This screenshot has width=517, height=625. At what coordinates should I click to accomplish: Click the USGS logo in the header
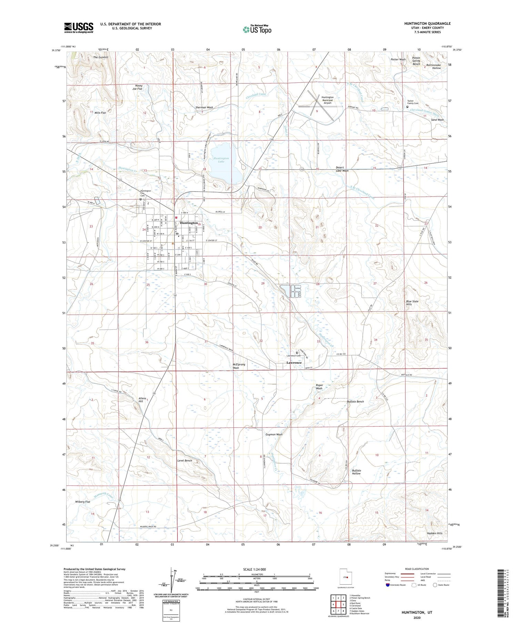click(79, 28)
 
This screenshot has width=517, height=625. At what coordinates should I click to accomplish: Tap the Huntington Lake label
click(221, 160)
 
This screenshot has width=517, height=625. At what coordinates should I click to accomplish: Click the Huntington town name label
click(189, 223)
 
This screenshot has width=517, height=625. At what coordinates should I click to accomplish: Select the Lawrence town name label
click(294, 363)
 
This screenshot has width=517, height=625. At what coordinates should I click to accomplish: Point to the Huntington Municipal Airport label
click(327, 100)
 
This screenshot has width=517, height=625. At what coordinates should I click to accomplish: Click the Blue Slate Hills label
click(412, 303)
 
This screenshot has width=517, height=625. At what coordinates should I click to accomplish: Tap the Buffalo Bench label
click(355, 402)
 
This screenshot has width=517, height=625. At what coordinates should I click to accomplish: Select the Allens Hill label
click(142, 400)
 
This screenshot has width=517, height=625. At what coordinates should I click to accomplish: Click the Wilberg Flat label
click(83, 502)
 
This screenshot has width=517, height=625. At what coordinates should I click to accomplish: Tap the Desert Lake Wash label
click(342, 169)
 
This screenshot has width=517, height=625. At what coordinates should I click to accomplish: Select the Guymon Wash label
click(274, 434)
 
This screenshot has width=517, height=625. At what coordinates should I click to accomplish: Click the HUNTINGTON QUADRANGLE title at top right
click(423, 23)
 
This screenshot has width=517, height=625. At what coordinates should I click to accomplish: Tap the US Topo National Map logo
click(257, 29)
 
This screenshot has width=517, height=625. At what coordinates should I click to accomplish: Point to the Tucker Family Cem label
click(413, 102)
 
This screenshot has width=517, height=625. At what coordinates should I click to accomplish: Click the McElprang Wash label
click(236, 366)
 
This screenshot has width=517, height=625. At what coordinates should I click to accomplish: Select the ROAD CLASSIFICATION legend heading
click(417, 569)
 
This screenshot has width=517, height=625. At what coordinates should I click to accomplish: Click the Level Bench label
click(184, 461)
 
